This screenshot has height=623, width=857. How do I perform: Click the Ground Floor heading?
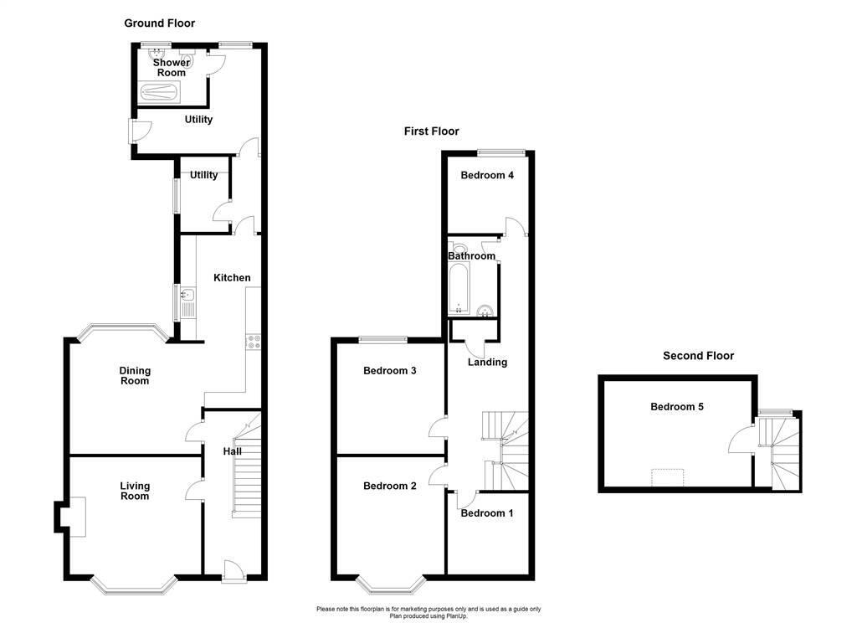pyautogui.click(x=159, y=23)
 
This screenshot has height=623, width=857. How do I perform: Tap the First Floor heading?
pyautogui.click(x=431, y=131)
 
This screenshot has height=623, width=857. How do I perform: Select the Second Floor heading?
pyautogui.click(x=698, y=356)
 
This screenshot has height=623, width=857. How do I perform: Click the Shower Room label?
pyautogui.click(x=171, y=68)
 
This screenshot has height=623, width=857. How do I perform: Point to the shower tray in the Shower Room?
pyautogui.click(x=164, y=93)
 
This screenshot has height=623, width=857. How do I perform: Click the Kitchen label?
pyautogui.click(x=232, y=278)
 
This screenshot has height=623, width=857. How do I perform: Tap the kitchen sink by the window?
pyautogui.click(x=187, y=295)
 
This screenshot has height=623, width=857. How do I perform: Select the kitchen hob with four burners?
pyautogui.click(x=253, y=341)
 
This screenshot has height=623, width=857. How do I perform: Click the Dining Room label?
pyautogui.click(x=134, y=376)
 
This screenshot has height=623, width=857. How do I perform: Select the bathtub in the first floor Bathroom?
pyautogui.click(x=460, y=291)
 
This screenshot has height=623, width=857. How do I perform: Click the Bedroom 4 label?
pyautogui.click(x=487, y=176)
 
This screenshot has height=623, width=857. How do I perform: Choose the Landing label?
pyautogui.click(x=487, y=363)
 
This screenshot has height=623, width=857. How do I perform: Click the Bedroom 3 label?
pyautogui.click(x=389, y=371)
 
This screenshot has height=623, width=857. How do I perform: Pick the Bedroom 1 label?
pyautogui.click(x=487, y=513)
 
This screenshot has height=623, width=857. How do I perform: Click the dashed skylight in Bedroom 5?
pyautogui.click(x=668, y=477)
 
